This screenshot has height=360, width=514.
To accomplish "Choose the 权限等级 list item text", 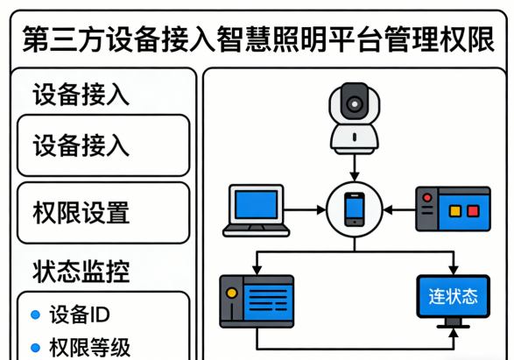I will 90,347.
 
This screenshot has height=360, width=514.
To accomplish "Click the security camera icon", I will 354,115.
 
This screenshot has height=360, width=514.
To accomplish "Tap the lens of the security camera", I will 354,103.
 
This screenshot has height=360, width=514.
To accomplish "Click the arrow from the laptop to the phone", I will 306,210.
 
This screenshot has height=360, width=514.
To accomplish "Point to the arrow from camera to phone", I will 354,166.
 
